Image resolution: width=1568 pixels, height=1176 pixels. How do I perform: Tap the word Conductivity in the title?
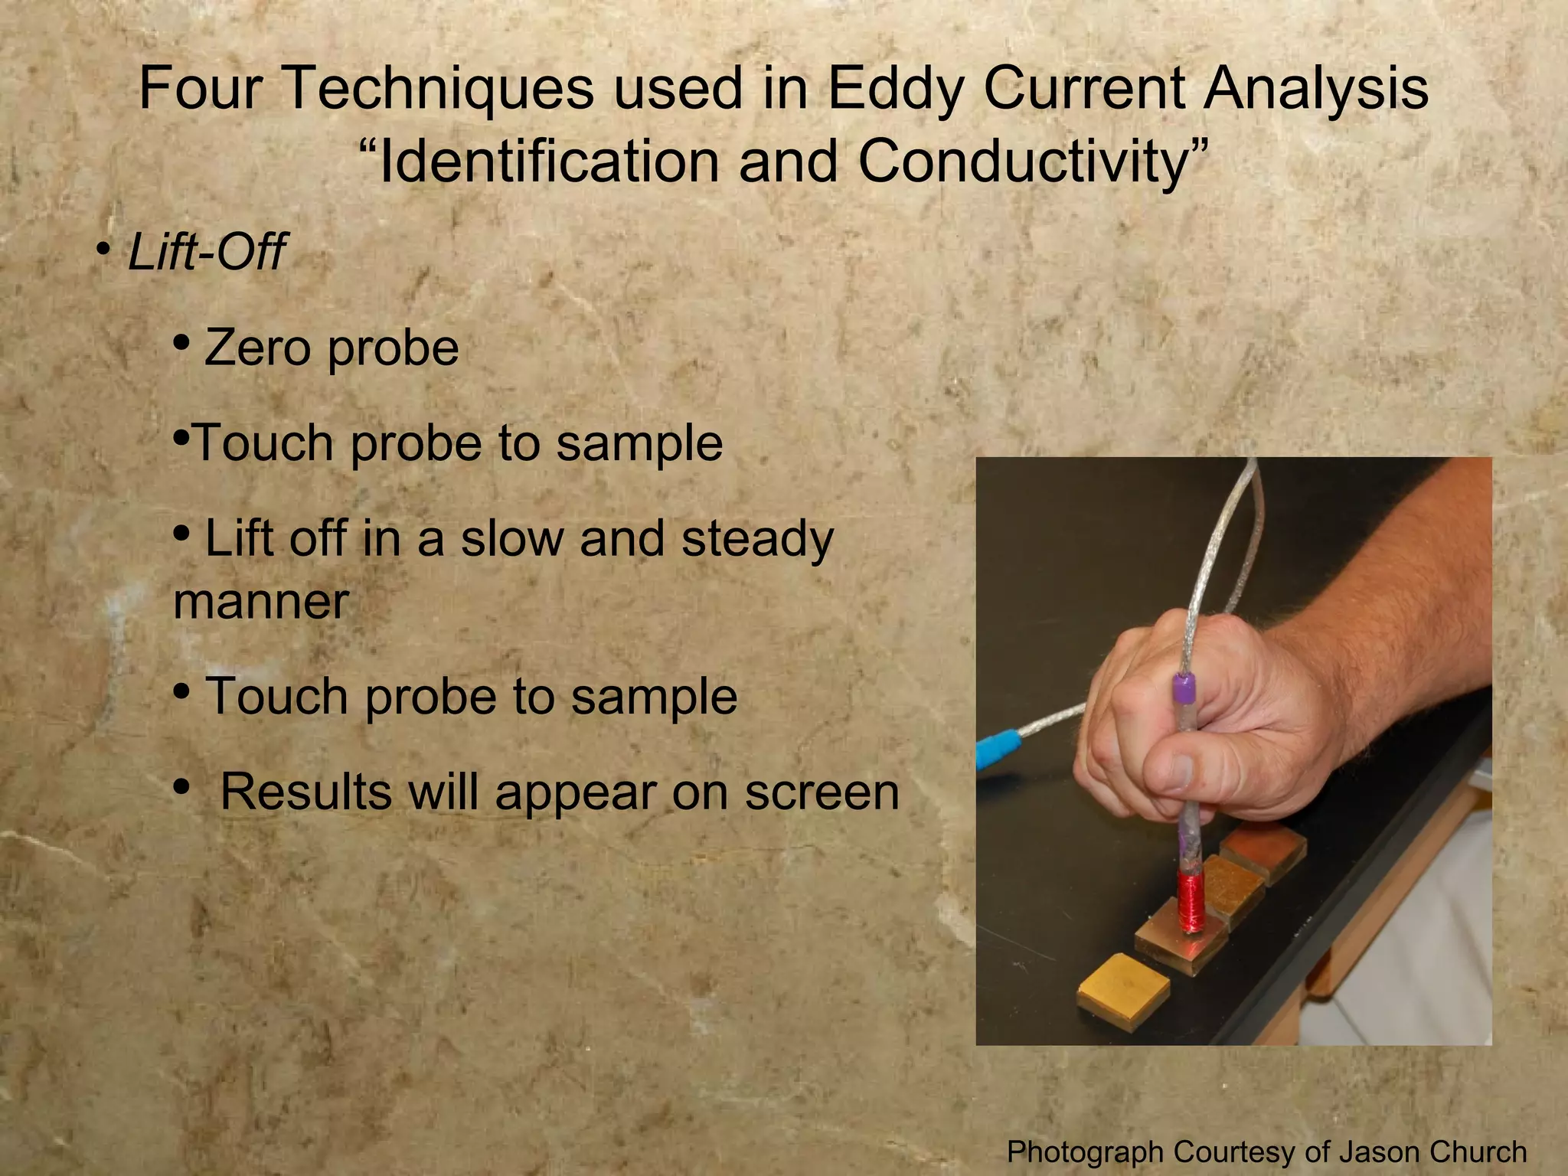click(x=1022, y=162)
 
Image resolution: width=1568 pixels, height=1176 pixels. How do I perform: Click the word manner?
click(x=261, y=602)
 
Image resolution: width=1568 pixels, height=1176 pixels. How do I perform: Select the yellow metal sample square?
click(x=1123, y=988)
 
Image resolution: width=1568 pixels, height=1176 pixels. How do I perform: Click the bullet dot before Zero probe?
click(x=181, y=342)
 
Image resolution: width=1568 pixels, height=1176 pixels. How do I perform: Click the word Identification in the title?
click(x=549, y=162)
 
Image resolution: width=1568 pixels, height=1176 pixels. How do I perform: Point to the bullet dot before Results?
click(x=181, y=786)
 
